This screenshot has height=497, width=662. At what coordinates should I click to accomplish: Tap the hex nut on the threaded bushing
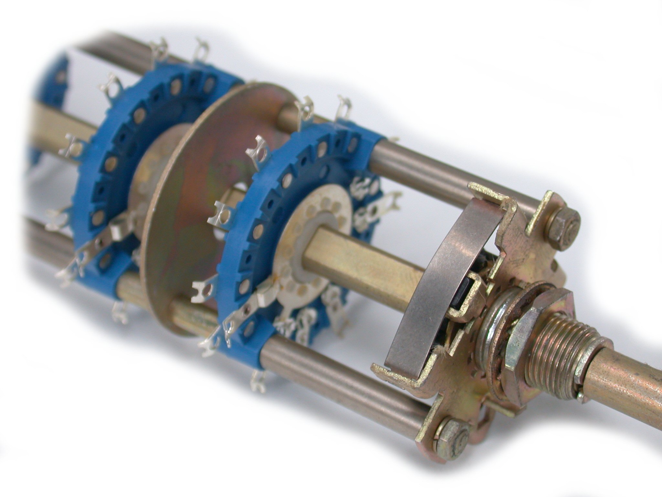coord(517,327)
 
